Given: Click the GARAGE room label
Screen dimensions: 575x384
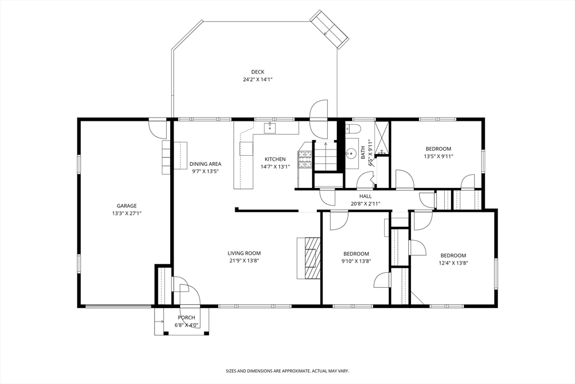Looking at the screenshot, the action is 126,206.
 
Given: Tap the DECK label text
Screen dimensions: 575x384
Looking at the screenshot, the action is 258,72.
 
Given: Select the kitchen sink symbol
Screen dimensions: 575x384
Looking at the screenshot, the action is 270,128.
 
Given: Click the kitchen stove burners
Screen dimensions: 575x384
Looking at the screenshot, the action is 305,159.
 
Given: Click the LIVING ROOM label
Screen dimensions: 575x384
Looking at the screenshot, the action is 244,253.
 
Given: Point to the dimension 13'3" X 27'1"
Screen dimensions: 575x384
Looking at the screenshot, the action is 126,213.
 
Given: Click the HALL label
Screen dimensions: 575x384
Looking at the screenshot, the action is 365,196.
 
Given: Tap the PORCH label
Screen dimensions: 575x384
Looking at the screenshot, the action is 186,318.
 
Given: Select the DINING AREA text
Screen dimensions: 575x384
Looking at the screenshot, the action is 206,164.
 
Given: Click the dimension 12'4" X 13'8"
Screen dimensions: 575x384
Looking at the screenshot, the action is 453,263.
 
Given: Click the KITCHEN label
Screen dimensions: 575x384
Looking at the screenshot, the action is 275,159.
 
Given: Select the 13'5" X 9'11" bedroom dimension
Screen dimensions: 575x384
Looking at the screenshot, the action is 439,156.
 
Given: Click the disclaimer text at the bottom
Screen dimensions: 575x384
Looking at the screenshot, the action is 287,371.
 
